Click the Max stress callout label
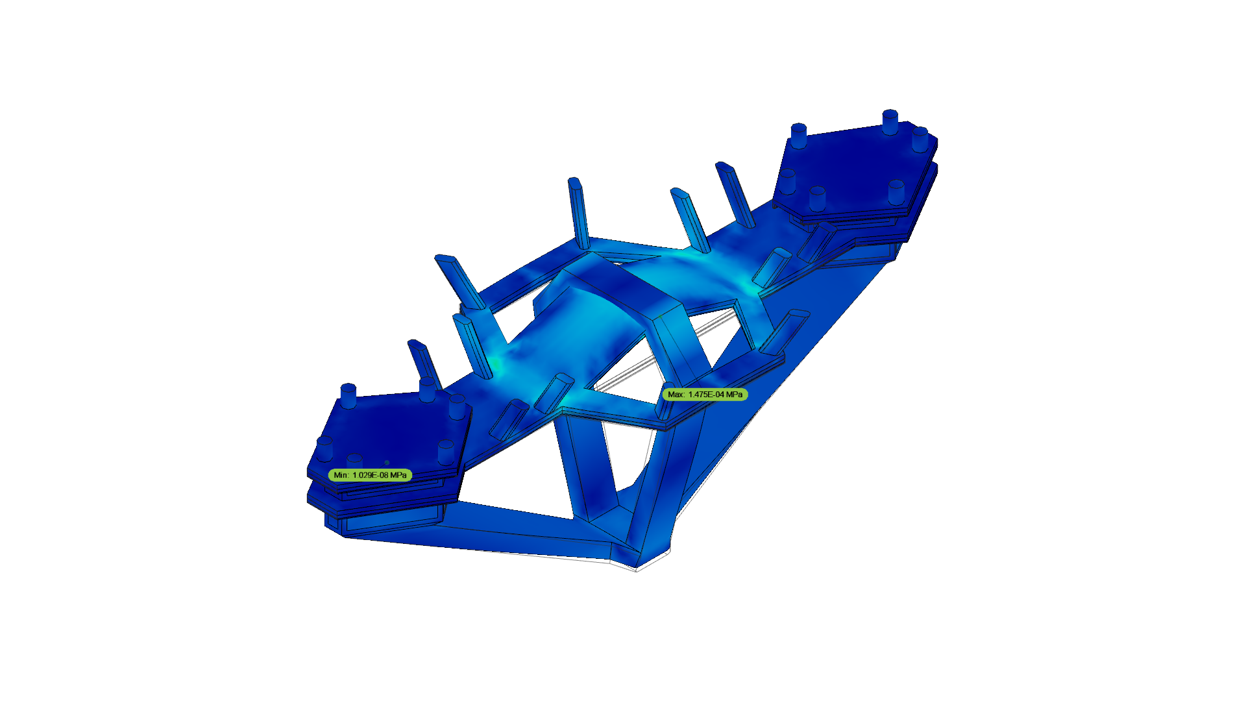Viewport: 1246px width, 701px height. coord(705,394)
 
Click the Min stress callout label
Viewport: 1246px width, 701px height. coord(370,475)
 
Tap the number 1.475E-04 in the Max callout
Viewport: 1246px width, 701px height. coord(706,394)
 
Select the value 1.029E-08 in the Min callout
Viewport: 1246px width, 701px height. coord(371,475)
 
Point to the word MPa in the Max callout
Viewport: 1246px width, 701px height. coord(735,394)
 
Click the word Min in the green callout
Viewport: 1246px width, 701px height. coord(341,475)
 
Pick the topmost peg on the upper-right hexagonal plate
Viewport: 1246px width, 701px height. coord(890,121)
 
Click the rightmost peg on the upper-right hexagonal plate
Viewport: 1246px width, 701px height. coord(920,140)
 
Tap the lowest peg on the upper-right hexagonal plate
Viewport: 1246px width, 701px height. coord(817,199)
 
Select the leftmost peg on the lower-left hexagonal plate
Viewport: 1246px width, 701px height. coord(324,449)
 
